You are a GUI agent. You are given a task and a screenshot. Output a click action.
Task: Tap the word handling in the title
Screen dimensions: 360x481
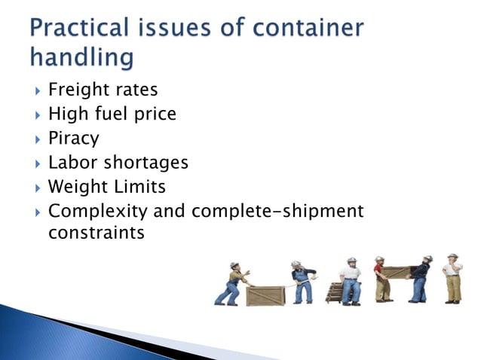[84, 56]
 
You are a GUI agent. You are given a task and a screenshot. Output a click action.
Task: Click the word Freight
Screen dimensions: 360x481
[76, 90]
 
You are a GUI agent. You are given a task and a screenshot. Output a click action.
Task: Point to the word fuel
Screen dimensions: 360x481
[114, 114]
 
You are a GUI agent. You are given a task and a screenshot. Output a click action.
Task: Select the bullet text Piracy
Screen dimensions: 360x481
[73, 139]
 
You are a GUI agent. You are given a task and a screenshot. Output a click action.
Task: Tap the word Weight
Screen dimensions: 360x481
[75, 187]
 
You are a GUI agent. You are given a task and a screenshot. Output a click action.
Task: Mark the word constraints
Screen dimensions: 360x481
[96, 233]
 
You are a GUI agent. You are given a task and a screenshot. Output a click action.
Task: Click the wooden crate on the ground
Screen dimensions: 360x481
[265, 294]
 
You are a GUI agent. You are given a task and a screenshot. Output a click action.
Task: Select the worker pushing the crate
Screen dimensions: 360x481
[231, 283]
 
